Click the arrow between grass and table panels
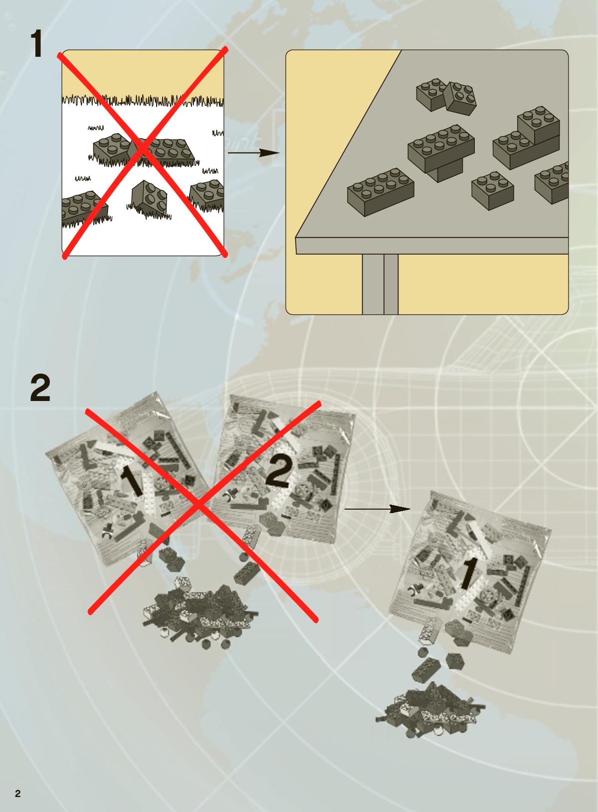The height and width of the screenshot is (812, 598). [254, 152]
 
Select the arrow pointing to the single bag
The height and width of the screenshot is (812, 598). [378, 509]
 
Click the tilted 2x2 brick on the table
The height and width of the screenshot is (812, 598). [460, 97]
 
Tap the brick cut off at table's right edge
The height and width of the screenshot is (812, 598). [552, 182]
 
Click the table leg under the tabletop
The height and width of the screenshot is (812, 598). [380, 284]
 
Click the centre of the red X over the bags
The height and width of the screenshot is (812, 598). [199, 504]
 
